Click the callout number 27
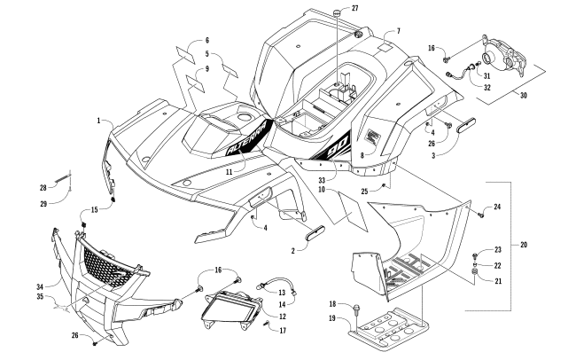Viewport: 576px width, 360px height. click(x=354, y=8)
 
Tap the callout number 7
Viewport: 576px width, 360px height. click(x=399, y=31)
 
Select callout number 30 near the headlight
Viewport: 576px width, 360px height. click(x=524, y=96)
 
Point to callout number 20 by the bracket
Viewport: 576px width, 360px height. click(x=524, y=245)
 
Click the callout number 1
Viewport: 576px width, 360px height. click(x=98, y=121)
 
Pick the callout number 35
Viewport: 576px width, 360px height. click(x=40, y=296)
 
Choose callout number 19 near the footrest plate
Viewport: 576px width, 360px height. click(x=332, y=318)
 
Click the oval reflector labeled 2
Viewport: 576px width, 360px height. click(x=315, y=233)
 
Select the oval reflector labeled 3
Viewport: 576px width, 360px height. click(x=466, y=125)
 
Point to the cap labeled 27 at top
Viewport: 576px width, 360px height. click(x=337, y=13)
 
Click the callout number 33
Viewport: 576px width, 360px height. click(x=323, y=181)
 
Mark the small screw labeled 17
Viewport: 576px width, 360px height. click(x=267, y=325)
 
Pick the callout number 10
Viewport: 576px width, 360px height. click(x=323, y=190)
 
